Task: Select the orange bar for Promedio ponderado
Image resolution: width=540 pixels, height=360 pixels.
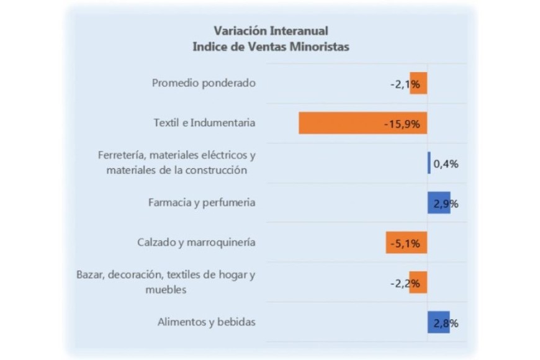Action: [x=419, y=84]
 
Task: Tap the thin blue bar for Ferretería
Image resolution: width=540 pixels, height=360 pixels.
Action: [x=428, y=163]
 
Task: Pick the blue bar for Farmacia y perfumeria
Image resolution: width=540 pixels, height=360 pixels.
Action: [x=438, y=203]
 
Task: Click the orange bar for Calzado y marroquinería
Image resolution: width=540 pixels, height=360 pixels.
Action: [x=407, y=243]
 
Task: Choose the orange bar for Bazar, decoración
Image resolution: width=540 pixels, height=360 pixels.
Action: [x=418, y=282]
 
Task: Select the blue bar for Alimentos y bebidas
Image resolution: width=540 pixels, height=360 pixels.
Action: [x=438, y=322]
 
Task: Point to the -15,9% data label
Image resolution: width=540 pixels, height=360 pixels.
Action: [x=402, y=124]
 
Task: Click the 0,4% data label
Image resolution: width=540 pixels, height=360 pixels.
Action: [x=446, y=164]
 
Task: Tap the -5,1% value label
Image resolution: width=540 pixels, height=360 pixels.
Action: [x=405, y=243]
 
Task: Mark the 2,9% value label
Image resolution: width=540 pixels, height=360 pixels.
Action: [x=447, y=204]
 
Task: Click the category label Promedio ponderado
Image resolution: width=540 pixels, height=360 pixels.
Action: [x=204, y=83]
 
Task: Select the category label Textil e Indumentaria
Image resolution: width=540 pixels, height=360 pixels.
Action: [x=204, y=123]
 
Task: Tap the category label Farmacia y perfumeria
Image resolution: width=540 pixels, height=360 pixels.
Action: [x=202, y=202]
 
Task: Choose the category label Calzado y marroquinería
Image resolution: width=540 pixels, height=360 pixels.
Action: [x=196, y=243]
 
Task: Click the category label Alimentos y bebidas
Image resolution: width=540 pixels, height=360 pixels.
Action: [x=207, y=322]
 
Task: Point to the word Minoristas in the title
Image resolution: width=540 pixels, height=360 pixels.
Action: [x=318, y=47]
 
